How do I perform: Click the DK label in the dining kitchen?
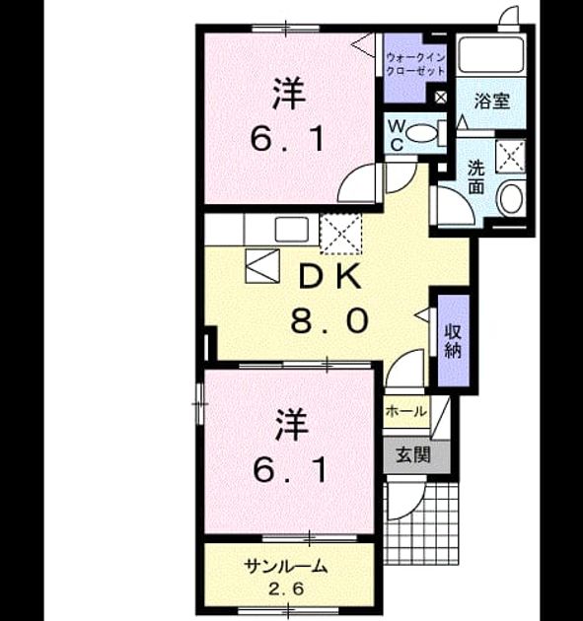(x=329, y=276)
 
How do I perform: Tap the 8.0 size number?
(x=329, y=320)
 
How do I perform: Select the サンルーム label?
(x=286, y=567)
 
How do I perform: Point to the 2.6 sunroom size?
(x=286, y=589)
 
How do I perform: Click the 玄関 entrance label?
(x=413, y=454)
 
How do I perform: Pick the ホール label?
(x=406, y=412)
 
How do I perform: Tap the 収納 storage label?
(x=453, y=341)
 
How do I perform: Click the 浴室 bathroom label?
(x=492, y=101)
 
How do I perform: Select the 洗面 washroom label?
(x=476, y=176)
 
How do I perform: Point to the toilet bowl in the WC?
(x=420, y=132)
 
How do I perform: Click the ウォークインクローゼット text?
(x=415, y=64)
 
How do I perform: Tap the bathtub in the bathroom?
(x=490, y=54)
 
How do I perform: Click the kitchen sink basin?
(x=292, y=229)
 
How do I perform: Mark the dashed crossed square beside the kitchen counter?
(x=341, y=234)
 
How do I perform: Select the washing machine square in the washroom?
(x=511, y=156)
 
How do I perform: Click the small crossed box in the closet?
(x=440, y=97)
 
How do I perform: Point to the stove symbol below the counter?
(x=262, y=266)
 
